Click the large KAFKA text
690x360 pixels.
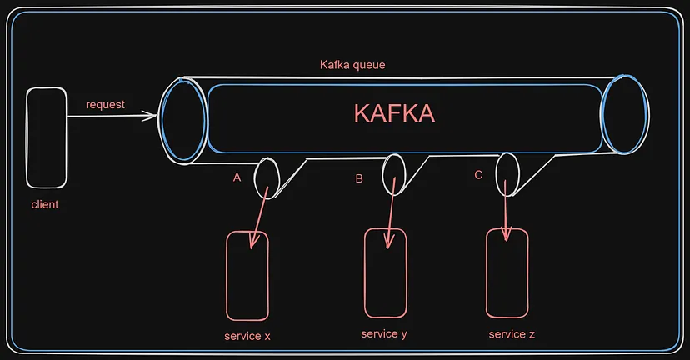tap(394, 113)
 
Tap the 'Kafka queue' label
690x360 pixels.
tap(352, 65)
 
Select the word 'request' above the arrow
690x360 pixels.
tap(105, 105)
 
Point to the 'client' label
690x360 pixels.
tap(45, 204)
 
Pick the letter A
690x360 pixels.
tap(237, 177)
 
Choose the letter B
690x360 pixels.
tap(359, 178)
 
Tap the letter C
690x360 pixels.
tap(479, 175)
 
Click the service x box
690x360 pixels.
tap(226, 276)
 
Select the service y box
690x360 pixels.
tap(365, 272)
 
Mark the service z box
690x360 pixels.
tap(487, 272)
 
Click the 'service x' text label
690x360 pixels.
tap(247, 336)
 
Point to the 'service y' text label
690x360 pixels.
tap(384, 334)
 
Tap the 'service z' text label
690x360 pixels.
tap(512, 334)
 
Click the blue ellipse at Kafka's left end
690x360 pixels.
tap(162, 120)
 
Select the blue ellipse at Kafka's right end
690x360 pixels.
tap(602, 114)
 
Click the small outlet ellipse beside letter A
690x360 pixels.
tap(254, 178)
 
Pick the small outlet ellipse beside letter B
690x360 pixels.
tap(382, 175)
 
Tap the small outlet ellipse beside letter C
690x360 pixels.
tap(497, 175)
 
